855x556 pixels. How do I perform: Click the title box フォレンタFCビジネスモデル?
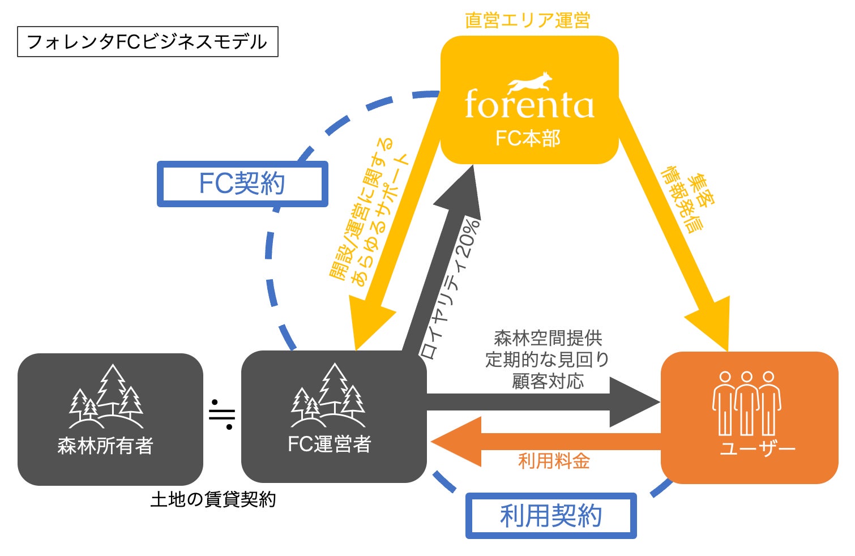click(148, 41)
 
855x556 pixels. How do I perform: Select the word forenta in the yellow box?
click(529, 104)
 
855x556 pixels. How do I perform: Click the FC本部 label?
click(528, 138)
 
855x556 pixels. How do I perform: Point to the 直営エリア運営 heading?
click(528, 20)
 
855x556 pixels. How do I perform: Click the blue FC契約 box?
click(242, 184)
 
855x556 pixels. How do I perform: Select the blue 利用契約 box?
click(551, 516)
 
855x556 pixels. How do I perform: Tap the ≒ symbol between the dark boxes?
click(222, 414)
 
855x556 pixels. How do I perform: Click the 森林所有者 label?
click(105, 446)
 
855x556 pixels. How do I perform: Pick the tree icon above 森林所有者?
click(106, 396)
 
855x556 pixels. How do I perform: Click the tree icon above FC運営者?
click(328, 395)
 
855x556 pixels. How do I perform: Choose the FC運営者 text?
click(329, 444)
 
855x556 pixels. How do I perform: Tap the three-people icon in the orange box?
click(747, 403)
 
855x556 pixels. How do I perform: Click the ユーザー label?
click(757, 448)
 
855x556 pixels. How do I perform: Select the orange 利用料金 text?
click(554, 461)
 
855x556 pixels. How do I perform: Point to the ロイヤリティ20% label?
click(450, 289)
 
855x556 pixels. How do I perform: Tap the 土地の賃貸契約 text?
click(213, 499)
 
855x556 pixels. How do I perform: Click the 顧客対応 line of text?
click(548, 381)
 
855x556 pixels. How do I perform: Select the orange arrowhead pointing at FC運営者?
click(456, 442)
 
